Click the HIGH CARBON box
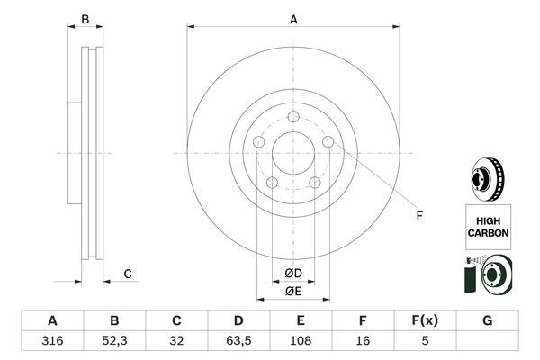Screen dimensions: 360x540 pyautogui.click(x=488, y=225)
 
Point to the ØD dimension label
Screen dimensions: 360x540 pyautogui.click(x=292, y=274)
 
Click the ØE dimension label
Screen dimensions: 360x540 pyautogui.click(x=292, y=291)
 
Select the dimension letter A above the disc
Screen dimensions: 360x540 pyautogui.click(x=293, y=19)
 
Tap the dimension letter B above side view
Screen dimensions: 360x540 pyautogui.click(x=85, y=19)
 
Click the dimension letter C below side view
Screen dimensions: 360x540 pyautogui.click(x=128, y=274)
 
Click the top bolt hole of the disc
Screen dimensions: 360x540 pyautogui.click(x=293, y=116)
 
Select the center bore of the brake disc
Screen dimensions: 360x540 pyautogui.click(x=292, y=153)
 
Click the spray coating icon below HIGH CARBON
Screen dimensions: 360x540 pyautogui.click(x=487, y=274)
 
